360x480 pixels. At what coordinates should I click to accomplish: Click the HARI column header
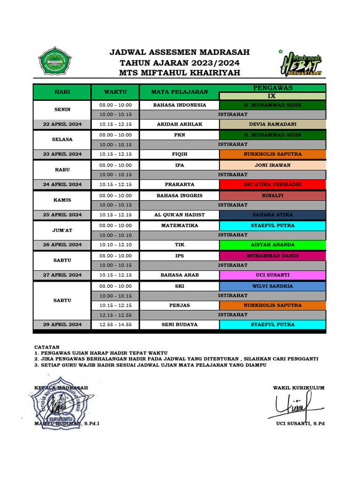point(62,92)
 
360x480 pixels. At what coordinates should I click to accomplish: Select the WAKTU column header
point(115,92)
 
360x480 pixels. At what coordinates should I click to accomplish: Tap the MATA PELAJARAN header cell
point(179,92)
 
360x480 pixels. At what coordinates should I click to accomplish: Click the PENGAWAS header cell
point(273,88)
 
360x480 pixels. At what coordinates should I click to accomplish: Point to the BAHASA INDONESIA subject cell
point(179,105)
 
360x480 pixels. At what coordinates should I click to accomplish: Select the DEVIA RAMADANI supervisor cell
point(273,124)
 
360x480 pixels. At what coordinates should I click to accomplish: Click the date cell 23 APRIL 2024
point(62,154)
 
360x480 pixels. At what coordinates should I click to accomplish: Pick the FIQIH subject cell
point(179,154)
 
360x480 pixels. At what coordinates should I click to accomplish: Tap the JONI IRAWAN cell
point(273,165)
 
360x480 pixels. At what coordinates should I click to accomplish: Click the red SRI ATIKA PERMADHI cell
point(273,185)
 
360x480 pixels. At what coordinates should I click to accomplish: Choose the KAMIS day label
point(62,200)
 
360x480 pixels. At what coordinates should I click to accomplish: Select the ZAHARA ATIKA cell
point(273,215)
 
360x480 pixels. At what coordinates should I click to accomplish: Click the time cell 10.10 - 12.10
point(115,245)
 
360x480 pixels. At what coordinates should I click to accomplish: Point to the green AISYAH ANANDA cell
point(273,245)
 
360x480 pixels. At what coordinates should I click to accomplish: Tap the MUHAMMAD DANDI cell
point(273,256)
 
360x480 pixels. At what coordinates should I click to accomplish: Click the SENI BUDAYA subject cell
point(179,324)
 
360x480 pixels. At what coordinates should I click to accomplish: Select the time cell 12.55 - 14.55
point(115,324)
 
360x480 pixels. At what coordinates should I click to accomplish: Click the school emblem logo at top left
point(54,61)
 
